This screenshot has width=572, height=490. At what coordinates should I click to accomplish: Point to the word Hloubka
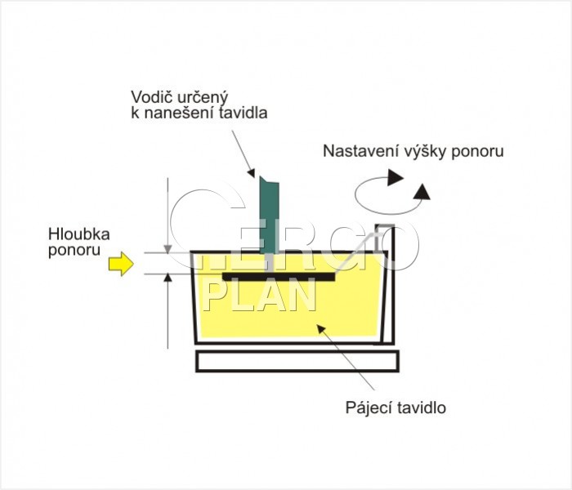tap(79, 234)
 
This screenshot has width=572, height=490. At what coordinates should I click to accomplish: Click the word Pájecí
tap(368, 408)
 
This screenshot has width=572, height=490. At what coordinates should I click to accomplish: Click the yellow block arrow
tap(121, 264)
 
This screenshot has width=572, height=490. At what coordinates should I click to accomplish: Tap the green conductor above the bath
tap(269, 215)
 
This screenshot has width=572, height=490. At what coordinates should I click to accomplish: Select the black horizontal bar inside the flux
tap(279, 277)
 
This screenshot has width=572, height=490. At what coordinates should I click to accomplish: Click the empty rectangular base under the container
tap(297, 361)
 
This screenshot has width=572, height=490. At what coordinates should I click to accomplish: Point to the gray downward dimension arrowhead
tap(168, 249)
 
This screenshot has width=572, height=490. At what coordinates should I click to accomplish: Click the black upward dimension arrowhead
tap(168, 278)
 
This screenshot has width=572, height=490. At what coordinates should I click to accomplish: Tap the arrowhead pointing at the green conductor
tap(251, 172)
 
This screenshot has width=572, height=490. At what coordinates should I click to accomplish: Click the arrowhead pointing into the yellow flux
tap(320, 328)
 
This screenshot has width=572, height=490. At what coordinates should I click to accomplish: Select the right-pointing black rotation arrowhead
tap(395, 177)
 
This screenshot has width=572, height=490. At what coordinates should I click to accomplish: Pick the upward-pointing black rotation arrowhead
tap(422, 191)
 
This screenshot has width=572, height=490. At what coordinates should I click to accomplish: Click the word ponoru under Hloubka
tap(74, 251)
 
